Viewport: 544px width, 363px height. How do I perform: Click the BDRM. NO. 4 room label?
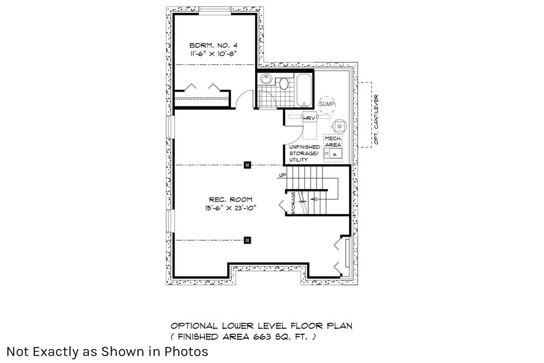pyautogui.click(x=214, y=46)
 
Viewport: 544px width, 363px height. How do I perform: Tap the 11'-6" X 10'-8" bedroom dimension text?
pyautogui.click(x=214, y=54)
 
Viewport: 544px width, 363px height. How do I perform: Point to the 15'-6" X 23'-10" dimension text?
pyautogui.click(x=231, y=208)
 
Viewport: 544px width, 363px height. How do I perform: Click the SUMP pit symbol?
pyautogui.click(x=327, y=104)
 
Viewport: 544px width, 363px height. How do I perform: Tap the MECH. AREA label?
pyautogui.click(x=333, y=141)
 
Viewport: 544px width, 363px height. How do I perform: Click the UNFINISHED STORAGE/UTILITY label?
pyautogui.click(x=304, y=154)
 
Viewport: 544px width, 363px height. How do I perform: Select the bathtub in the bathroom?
pyautogui.click(x=304, y=90)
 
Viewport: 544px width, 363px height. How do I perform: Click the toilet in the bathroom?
pyautogui.click(x=284, y=83)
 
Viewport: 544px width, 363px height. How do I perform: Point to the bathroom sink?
pyautogui.click(x=266, y=79)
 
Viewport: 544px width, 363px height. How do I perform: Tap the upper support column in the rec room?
pyautogui.click(x=247, y=165)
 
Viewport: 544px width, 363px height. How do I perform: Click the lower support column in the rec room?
pyautogui.click(x=247, y=240)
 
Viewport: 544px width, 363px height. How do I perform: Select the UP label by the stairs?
pyautogui.click(x=283, y=175)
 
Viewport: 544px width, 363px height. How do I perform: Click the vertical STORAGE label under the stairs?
pyautogui.click(x=293, y=202)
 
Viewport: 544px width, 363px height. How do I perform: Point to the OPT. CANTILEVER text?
pyautogui.click(x=376, y=120)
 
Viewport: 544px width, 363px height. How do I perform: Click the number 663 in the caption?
pyautogui.click(x=262, y=337)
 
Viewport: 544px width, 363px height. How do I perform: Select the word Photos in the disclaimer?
pyautogui.click(x=186, y=351)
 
